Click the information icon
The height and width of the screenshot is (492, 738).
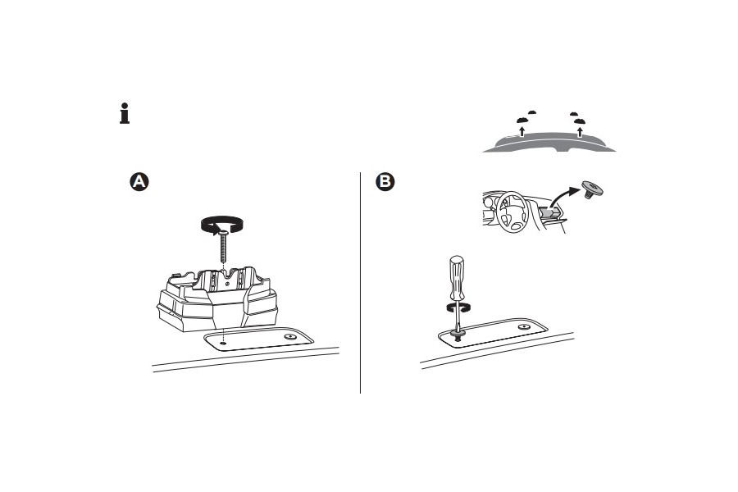tap(124, 113)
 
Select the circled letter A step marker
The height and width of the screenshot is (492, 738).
tap(140, 182)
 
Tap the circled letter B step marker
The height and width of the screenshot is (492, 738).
tap(384, 182)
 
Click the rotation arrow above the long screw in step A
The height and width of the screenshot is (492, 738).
tap(224, 223)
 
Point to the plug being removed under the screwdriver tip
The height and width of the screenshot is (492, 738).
tap(456, 333)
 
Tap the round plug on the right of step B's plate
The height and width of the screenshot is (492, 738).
tap(523, 326)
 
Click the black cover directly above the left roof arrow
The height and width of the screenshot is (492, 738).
tap(522, 121)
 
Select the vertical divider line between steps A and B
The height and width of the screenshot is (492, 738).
tap(361, 283)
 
